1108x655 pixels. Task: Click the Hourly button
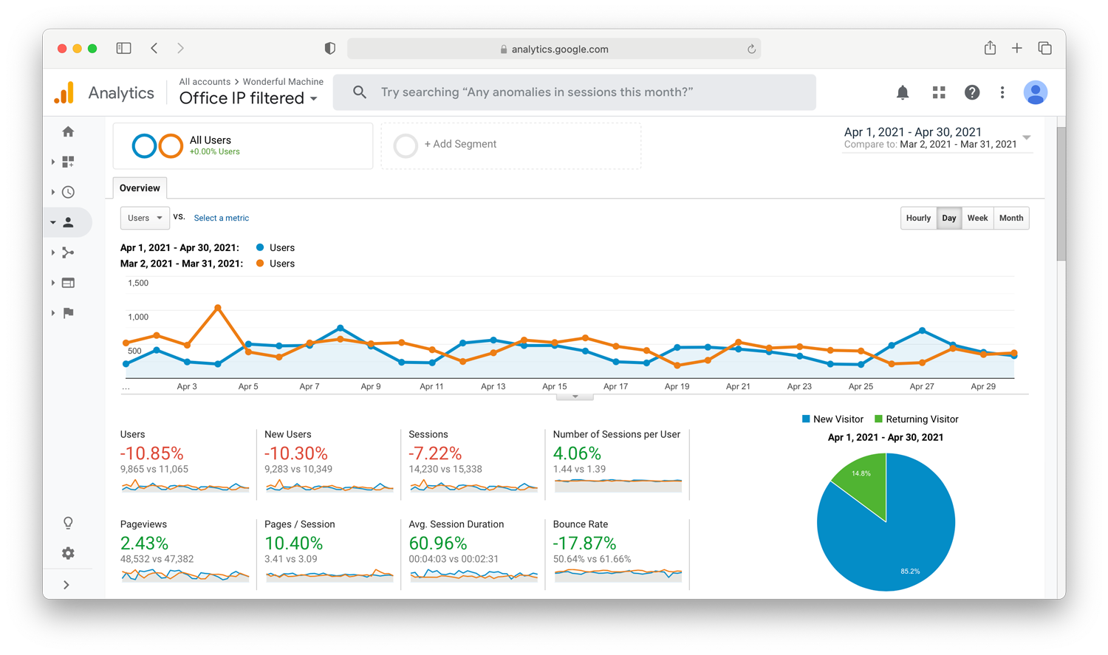point(918,218)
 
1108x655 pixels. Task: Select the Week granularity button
point(977,218)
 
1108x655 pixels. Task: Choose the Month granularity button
point(1011,218)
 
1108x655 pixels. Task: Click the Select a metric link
point(221,218)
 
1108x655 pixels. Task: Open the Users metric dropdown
point(145,218)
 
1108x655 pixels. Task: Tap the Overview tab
point(140,188)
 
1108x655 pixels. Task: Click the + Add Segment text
point(460,144)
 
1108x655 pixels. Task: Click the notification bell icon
point(903,92)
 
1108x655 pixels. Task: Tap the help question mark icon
point(972,92)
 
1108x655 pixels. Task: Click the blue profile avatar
point(1036,92)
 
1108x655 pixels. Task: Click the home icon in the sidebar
point(68,131)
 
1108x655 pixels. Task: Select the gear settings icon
point(68,553)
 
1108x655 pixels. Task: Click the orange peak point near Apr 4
point(218,308)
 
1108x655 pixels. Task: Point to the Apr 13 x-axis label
point(493,386)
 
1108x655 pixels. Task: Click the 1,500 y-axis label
point(138,284)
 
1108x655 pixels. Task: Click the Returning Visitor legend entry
point(916,419)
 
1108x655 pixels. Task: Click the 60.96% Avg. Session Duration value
point(438,543)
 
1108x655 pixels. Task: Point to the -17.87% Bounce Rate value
point(584,543)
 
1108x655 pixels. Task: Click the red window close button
point(62,49)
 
